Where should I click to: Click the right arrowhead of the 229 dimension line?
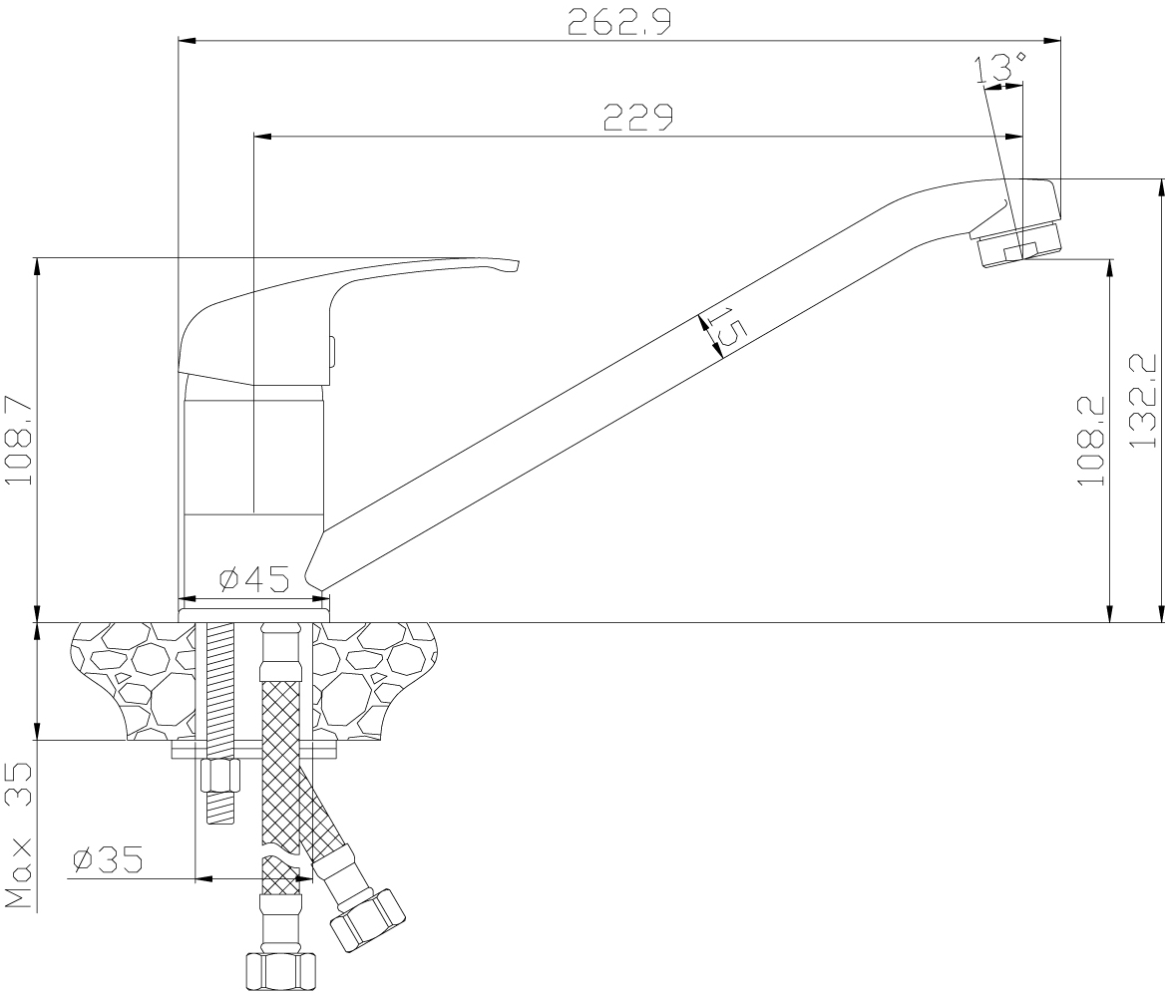point(1015,136)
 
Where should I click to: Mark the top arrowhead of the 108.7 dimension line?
point(37,266)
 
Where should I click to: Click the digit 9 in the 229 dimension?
point(662,118)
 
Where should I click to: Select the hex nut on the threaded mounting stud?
point(220,776)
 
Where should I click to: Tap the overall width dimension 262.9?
point(619,22)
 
